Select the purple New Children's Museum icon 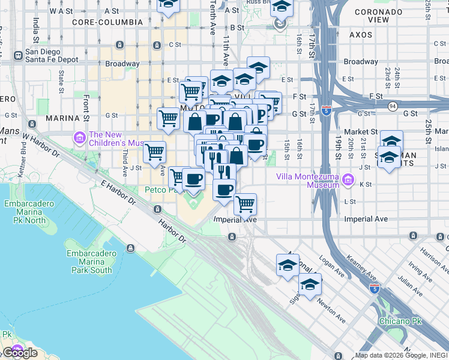(x=80, y=139)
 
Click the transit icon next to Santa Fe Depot (x=18, y=55)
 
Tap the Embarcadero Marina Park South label (x=89, y=262)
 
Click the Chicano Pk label (x=400, y=321)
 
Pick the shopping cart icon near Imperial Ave (x=245, y=205)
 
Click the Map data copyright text (x=401, y=355)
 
